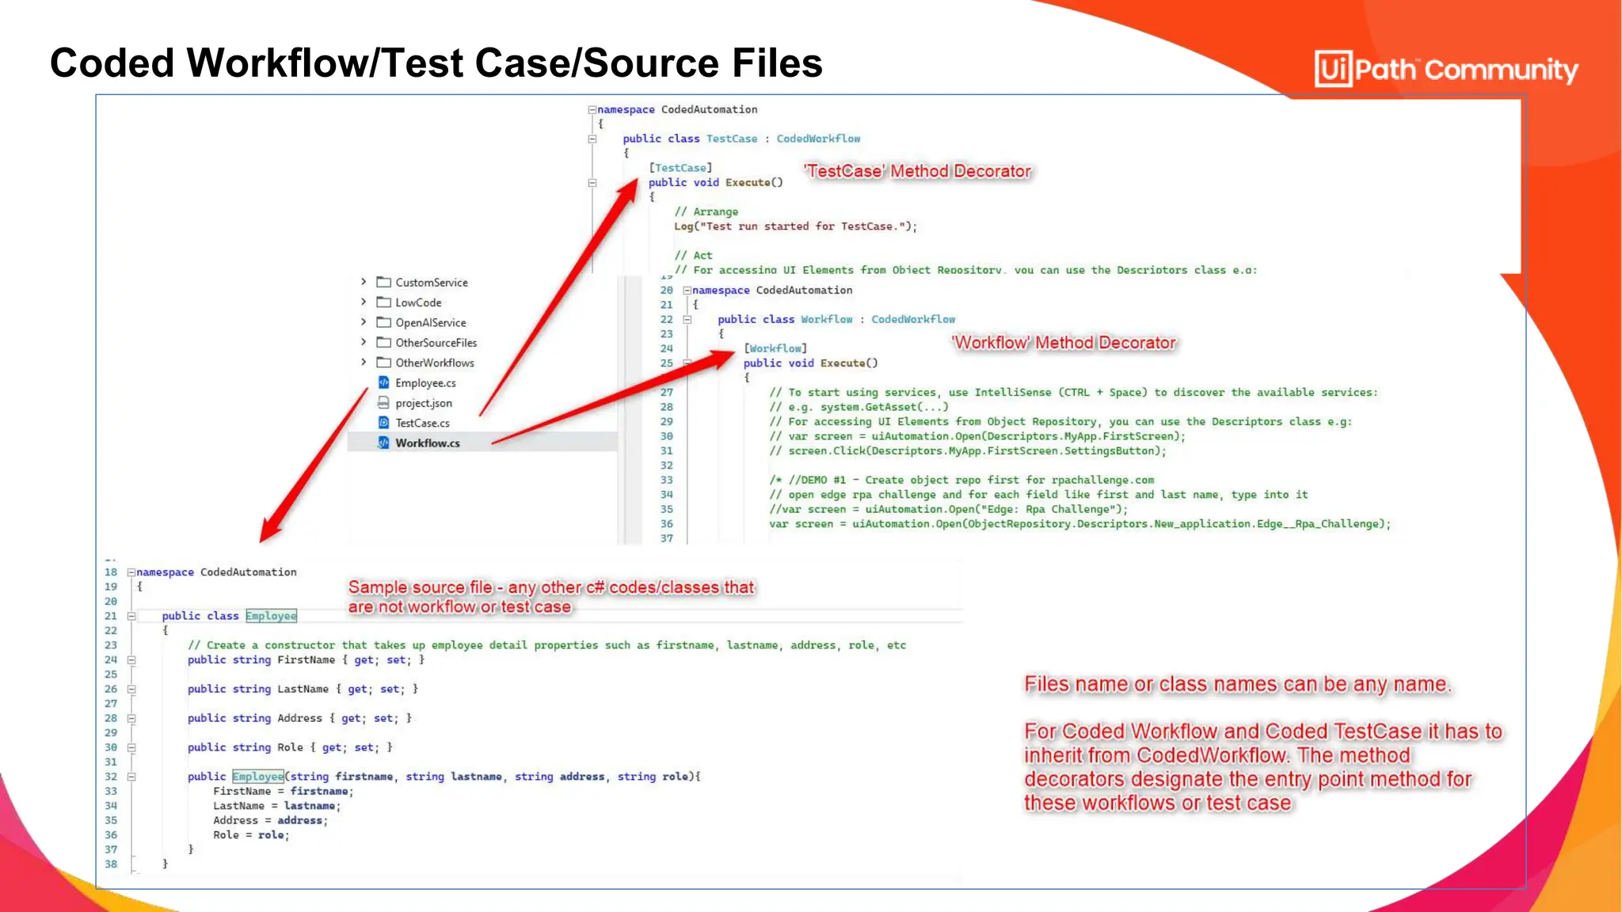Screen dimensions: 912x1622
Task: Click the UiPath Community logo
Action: coord(1446,69)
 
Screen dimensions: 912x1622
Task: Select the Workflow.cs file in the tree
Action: coord(427,443)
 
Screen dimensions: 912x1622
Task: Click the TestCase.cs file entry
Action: coord(422,424)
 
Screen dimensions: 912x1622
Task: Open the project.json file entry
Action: coord(423,403)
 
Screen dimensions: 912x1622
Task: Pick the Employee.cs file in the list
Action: coord(425,383)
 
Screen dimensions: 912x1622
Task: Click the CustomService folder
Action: coord(431,283)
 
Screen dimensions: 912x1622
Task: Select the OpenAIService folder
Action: coord(430,323)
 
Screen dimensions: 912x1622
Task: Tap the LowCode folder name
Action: coord(418,302)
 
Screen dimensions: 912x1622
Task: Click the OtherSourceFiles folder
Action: coord(436,343)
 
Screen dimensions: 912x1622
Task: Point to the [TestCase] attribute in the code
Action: coord(680,168)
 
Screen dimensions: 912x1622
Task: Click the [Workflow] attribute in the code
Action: coord(775,348)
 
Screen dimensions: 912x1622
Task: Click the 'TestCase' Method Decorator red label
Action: coord(917,171)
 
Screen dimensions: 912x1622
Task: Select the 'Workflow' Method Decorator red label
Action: coord(1064,343)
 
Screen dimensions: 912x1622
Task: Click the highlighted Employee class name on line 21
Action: coord(271,616)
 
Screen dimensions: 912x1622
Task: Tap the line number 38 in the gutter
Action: coord(111,864)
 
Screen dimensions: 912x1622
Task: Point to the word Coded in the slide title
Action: coord(112,63)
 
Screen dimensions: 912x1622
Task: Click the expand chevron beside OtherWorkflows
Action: coord(364,363)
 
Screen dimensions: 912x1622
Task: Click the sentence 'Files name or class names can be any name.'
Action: coord(1237,684)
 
